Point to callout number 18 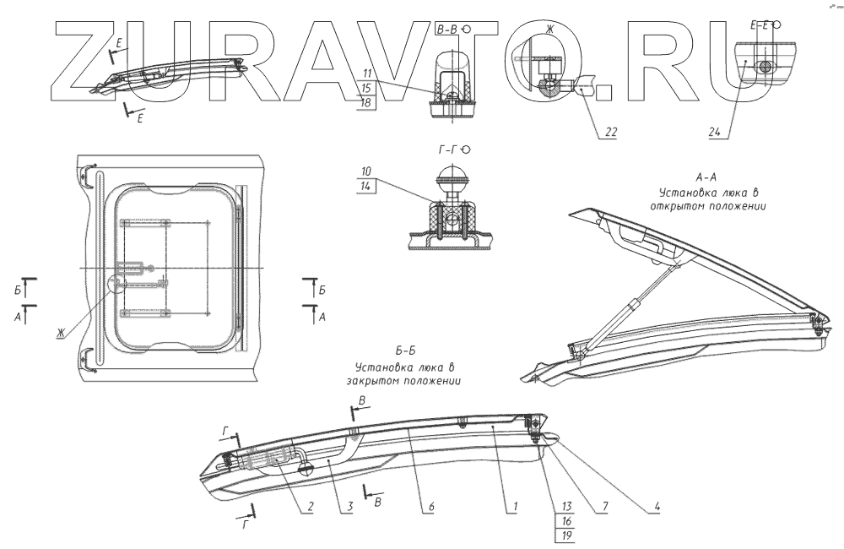367,101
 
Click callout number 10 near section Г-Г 367,171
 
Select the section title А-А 706,178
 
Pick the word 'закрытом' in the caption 397,379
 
